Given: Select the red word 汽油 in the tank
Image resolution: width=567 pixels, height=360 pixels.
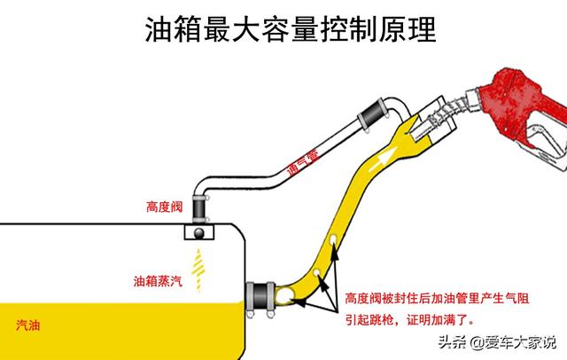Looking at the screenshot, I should pyautogui.click(x=27, y=325).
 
